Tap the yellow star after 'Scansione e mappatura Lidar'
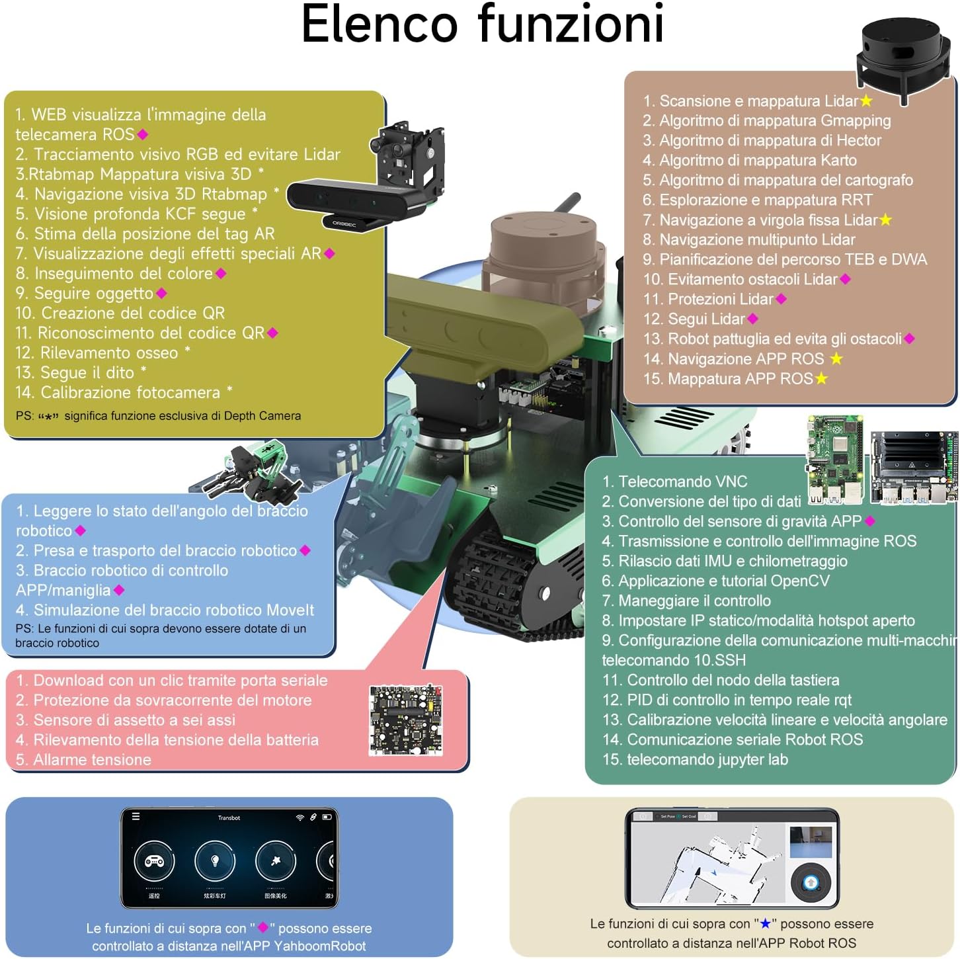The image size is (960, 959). coord(866,101)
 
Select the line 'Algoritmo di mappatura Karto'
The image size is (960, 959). coord(750,160)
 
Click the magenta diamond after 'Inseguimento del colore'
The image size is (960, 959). coord(221,273)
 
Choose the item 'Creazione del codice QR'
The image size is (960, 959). coord(120,313)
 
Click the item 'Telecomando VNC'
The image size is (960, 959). coord(674,481)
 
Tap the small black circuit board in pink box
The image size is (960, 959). coord(405,720)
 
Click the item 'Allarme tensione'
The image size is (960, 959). coord(83,759)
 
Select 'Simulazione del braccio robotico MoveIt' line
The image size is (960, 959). coord(165,610)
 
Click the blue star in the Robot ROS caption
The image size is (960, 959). coord(765,924)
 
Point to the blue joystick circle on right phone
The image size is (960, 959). coord(811,882)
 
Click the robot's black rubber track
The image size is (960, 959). coord(502,582)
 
